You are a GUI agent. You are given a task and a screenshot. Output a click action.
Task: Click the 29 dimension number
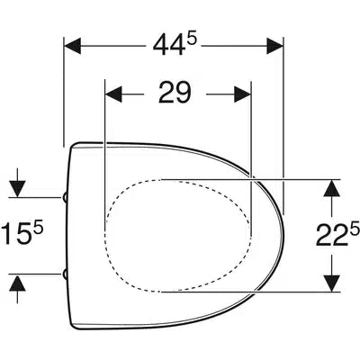pos(175,93)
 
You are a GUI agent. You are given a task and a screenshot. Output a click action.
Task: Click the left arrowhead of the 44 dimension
pos(73,46)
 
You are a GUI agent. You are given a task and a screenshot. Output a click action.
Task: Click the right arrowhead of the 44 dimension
pos(274,46)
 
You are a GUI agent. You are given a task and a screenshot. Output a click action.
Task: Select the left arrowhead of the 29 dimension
pos(114,94)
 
